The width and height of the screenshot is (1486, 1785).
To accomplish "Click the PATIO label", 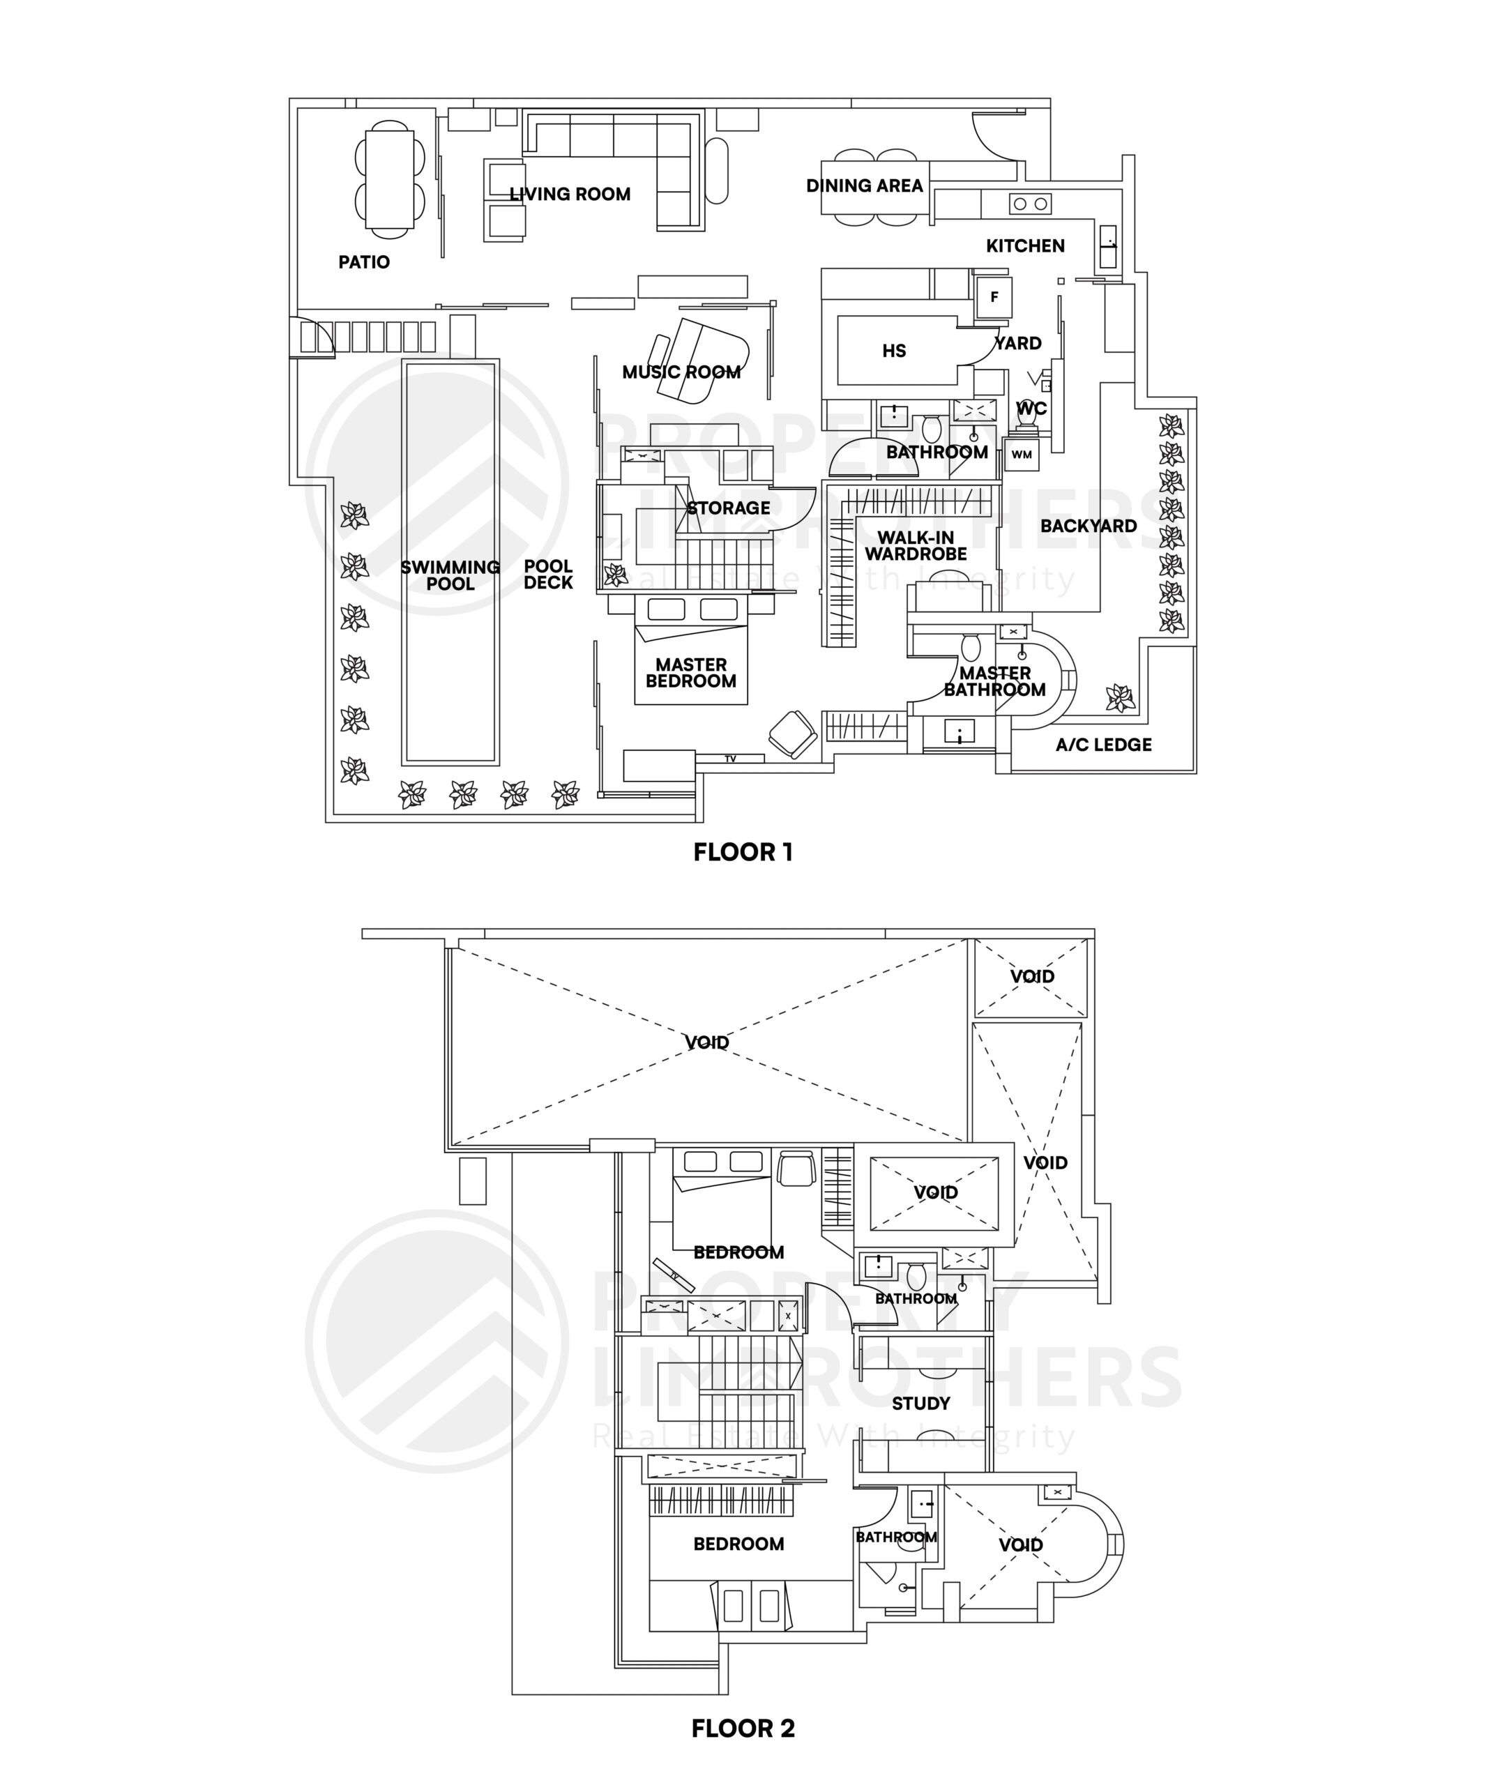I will coord(364,261).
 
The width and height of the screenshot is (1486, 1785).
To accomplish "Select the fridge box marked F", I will coord(994,298).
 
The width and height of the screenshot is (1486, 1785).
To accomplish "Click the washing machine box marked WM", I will coord(1021,455).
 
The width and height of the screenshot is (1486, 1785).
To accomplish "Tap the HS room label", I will coord(893,351).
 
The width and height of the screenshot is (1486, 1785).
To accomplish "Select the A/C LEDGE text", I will coord(1103,745).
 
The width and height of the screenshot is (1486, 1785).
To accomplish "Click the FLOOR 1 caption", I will coord(743,853).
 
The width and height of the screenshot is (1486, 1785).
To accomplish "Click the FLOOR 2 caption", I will coord(743,1728).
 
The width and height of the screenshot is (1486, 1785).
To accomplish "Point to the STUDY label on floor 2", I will coord(920,1404).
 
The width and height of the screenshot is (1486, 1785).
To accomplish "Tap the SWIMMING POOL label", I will coord(450,575).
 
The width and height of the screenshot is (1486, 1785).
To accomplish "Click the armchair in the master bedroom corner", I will coord(792,734).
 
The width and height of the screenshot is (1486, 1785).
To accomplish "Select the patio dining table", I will coord(389,179).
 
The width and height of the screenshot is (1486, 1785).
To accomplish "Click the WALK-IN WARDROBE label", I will coord(916,546).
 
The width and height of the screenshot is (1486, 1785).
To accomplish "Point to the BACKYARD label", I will coord(1088,526).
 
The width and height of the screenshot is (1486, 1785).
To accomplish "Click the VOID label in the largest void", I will coord(706,1042).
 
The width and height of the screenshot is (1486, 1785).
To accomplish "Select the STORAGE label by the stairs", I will coord(729,508).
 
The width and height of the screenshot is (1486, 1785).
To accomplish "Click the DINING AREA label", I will coord(864,186).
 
